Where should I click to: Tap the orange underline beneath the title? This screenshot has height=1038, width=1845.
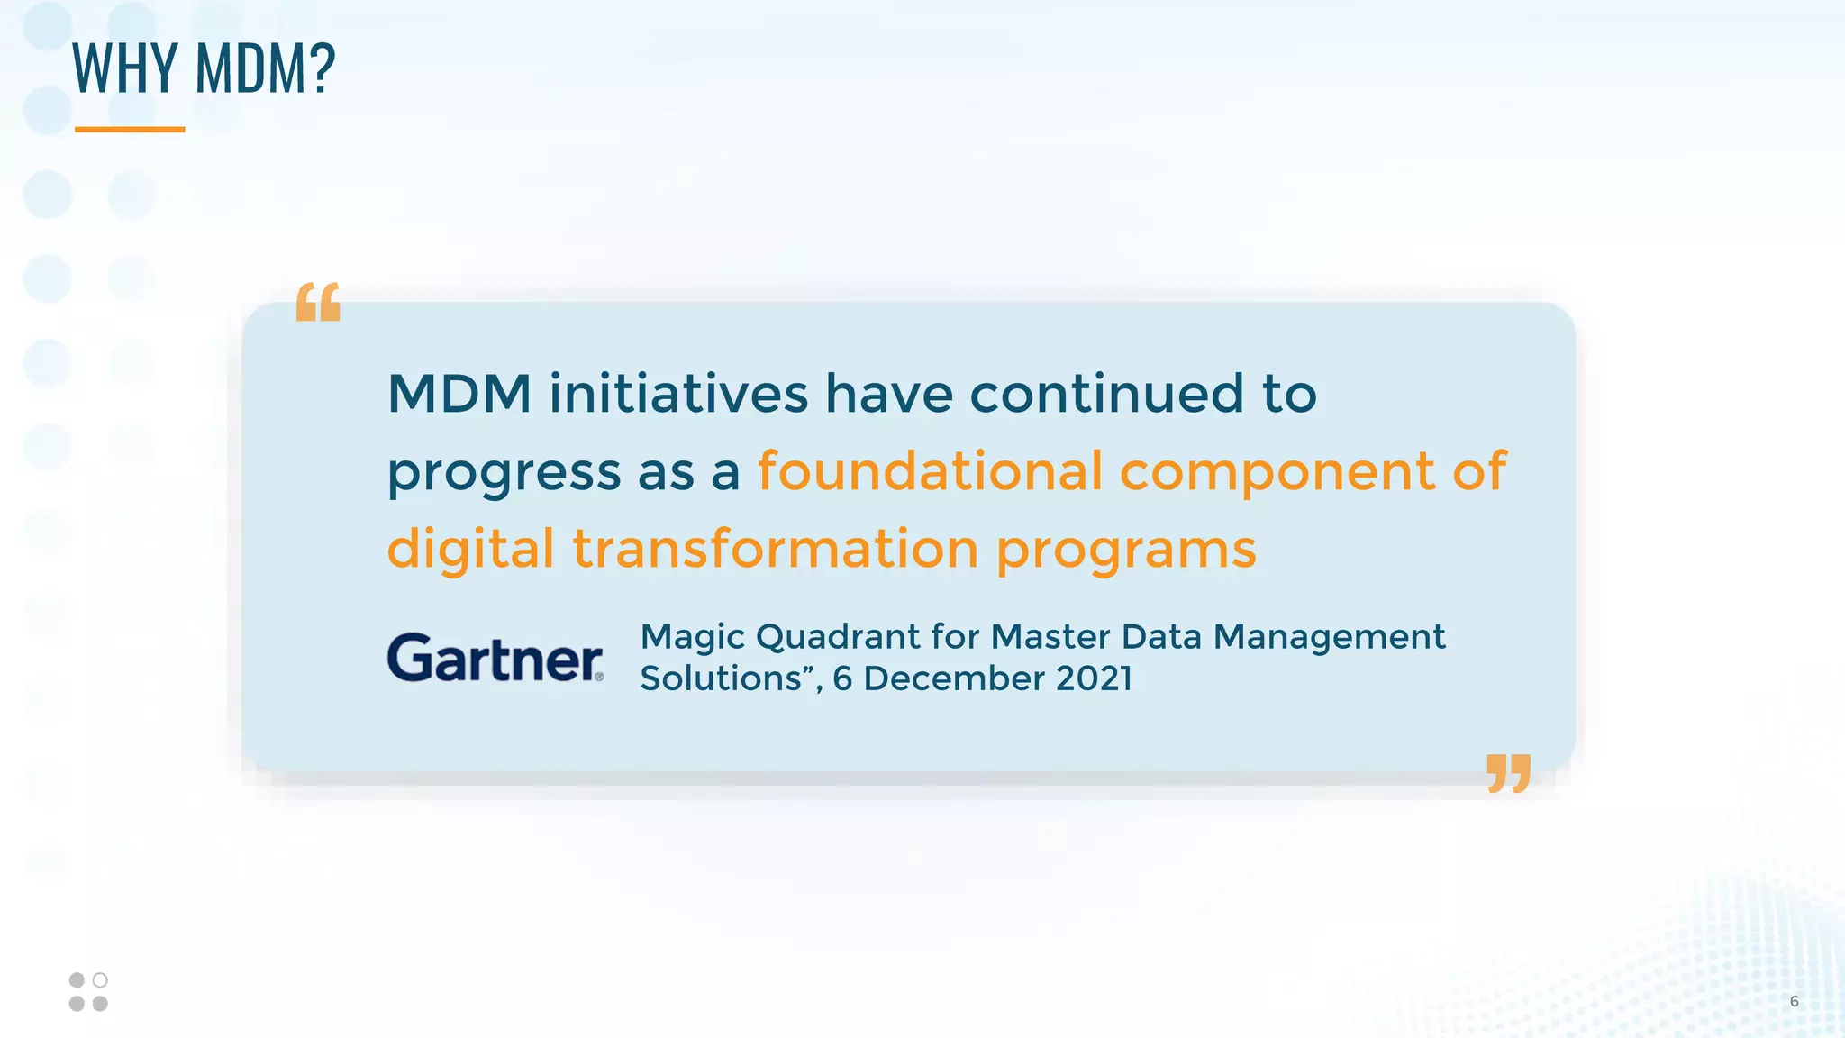[x=130, y=130]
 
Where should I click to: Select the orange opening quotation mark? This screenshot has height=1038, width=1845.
[x=318, y=302]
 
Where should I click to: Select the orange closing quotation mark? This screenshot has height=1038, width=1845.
[x=1509, y=773]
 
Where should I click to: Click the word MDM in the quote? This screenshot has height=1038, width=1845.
[x=459, y=394]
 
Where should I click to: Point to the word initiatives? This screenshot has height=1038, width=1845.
[x=678, y=394]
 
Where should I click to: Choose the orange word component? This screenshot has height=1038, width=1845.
[x=1277, y=472]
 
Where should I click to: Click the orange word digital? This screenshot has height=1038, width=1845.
[x=470, y=550]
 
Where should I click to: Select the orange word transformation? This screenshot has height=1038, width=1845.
[x=775, y=549]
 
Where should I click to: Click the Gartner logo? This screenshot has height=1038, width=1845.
[x=495, y=657]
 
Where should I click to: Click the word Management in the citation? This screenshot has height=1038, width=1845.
[x=1329, y=637]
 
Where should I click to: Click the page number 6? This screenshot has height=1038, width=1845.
[x=1794, y=1001]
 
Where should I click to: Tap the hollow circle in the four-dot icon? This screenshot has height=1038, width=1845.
[x=100, y=979]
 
